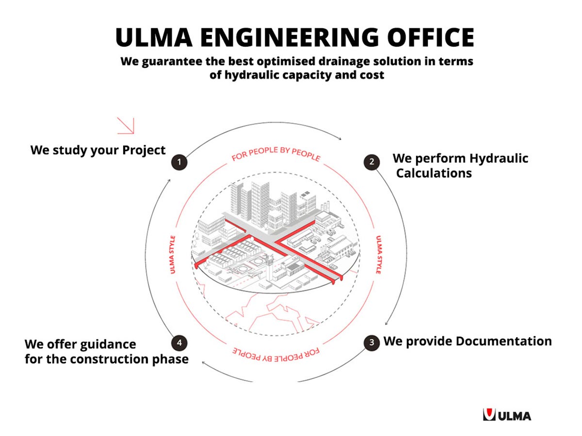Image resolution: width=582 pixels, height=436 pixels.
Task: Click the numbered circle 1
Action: (179, 162)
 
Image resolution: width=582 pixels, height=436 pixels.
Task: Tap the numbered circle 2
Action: (372, 162)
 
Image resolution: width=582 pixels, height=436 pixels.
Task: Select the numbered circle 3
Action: (372, 342)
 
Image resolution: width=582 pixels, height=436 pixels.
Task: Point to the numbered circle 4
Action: (179, 343)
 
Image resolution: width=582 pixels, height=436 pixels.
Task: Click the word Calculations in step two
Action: (434, 173)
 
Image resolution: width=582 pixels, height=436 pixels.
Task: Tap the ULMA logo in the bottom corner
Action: (507, 415)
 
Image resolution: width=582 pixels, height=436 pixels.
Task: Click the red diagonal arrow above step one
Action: (126, 125)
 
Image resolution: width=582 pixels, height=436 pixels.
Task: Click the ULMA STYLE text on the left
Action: (173, 255)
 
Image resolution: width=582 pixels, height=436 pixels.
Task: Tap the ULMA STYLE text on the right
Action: (378, 255)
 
